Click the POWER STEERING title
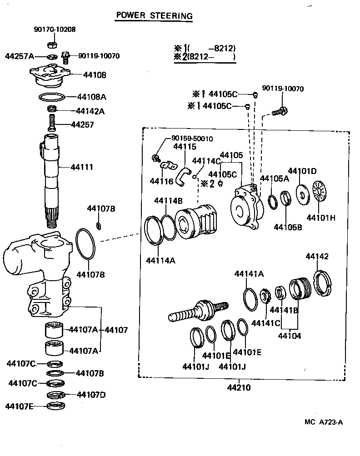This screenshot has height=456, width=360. (x=154, y=16)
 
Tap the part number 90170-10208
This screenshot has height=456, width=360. (x=55, y=29)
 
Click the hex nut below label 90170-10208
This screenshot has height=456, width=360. (x=52, y=45)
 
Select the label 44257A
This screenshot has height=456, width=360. (x=20, y=56)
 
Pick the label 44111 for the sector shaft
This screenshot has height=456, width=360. (x=82, y=167)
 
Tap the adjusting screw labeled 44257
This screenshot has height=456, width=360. (x=52, y=122)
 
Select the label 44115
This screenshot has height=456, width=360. (x=185, y=147)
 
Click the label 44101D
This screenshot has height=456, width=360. (x=304, y=171)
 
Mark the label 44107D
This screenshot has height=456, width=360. (x=91, y=394)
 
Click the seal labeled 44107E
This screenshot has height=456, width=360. (x=57, y=405)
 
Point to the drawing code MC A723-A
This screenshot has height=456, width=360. (x=323, y=422)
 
